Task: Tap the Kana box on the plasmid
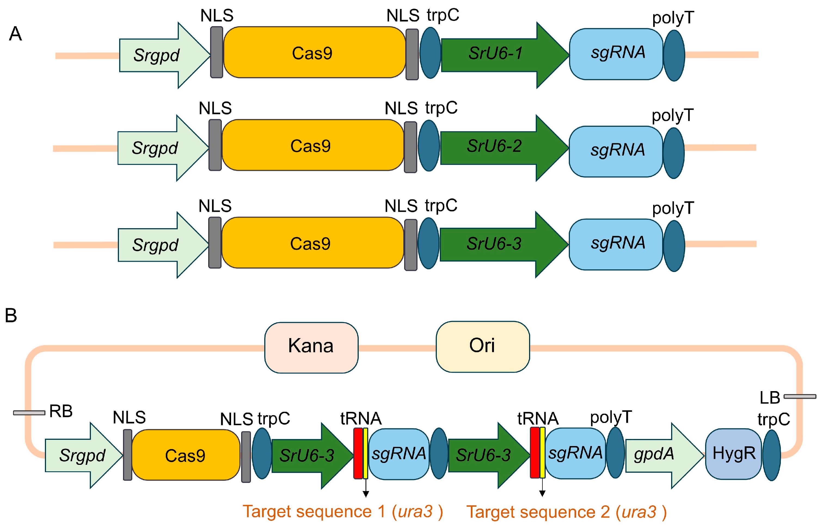tap(311, 347)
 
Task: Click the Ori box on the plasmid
tap(483, 347)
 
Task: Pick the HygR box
tap(733, 453)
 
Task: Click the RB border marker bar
tap(29, 413)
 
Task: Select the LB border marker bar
tap(800, 396)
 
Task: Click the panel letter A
tap(16, 34)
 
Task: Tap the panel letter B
tap(11, 315)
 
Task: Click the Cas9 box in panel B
tap(186, 455)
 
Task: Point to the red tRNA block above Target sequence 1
tap(358, 453)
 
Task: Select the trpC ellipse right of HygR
tap(772, 455)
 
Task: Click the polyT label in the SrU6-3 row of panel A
tap(673, 208)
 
